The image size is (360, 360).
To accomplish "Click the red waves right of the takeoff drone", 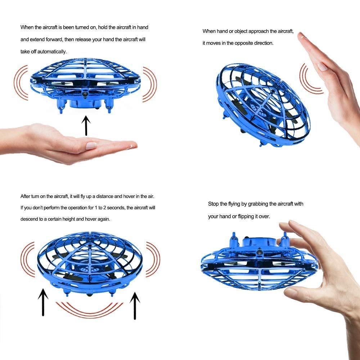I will click(x=150, y=84).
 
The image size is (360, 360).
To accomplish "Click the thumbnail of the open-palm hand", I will click(x=91, y=145).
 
